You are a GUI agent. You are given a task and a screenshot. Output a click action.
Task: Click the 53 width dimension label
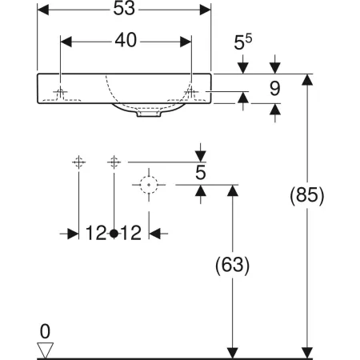point(124,8)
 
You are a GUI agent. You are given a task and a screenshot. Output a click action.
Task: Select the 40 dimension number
point(126,41)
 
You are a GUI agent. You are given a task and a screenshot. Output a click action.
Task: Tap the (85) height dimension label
point(307,195)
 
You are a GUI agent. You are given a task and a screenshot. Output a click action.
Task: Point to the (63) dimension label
point(233,265)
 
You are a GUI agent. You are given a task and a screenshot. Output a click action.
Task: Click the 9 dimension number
point(275,89)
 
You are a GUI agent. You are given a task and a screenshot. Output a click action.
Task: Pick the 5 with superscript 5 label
point(243,42)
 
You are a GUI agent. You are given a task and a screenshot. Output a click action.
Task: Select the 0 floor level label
point(45,331)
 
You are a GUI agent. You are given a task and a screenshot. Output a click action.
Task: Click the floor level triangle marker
point(45,350)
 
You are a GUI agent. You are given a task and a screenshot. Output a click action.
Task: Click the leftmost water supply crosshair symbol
point(78,162)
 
